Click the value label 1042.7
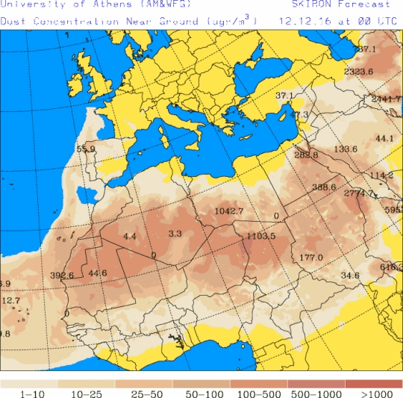(x=229, y=211)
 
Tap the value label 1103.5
(x=260, y=236)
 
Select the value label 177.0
(x=310, y=258)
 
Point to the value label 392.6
(x=62, y=276)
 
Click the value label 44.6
(x=98, y=273)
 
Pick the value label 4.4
(x=130, y=236)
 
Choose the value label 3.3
(x=175, y=234)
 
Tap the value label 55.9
(x=86, y=149)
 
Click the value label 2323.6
(x=359, y=72)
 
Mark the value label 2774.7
(x=359, y=193)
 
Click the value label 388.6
(x=324, y=187)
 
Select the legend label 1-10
(x=29, y=393)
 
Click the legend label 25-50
(x=144, y=393)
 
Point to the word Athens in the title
(x=99, y=4)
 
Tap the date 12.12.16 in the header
(x=302, y=21)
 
